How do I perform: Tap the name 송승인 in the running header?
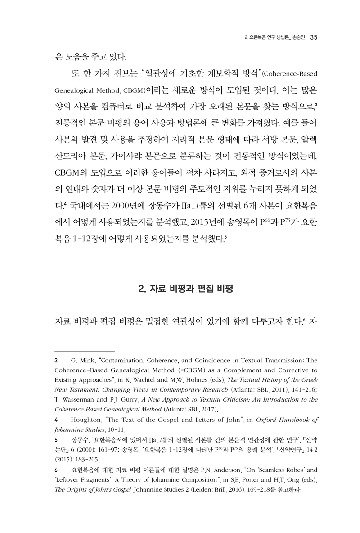click(x=300, y=37)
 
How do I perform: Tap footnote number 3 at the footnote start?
click(x=55, y=361)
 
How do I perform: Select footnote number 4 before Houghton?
click(x=55, y=420)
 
